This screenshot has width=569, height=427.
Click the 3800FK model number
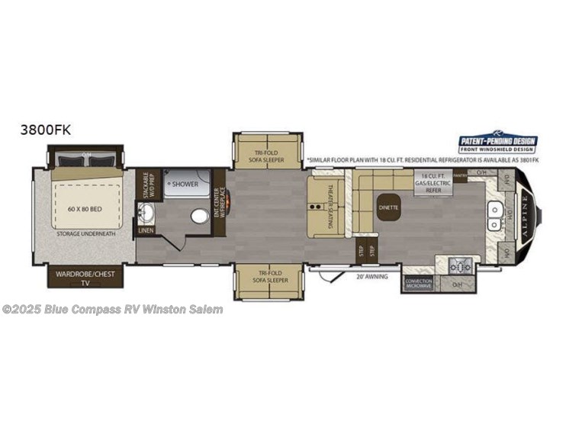click(46, 130)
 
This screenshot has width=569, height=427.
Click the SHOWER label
click(185, 184)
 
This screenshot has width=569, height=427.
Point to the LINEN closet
click(145, 230)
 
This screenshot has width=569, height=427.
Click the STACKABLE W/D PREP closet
click(146, 184)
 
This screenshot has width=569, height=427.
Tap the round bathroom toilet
click(200, 217)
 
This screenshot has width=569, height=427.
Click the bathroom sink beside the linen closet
click(145, 210)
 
